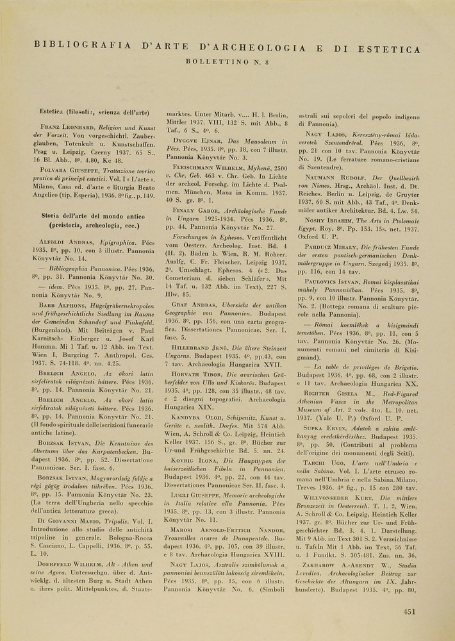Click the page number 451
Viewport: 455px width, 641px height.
[410, 611]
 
